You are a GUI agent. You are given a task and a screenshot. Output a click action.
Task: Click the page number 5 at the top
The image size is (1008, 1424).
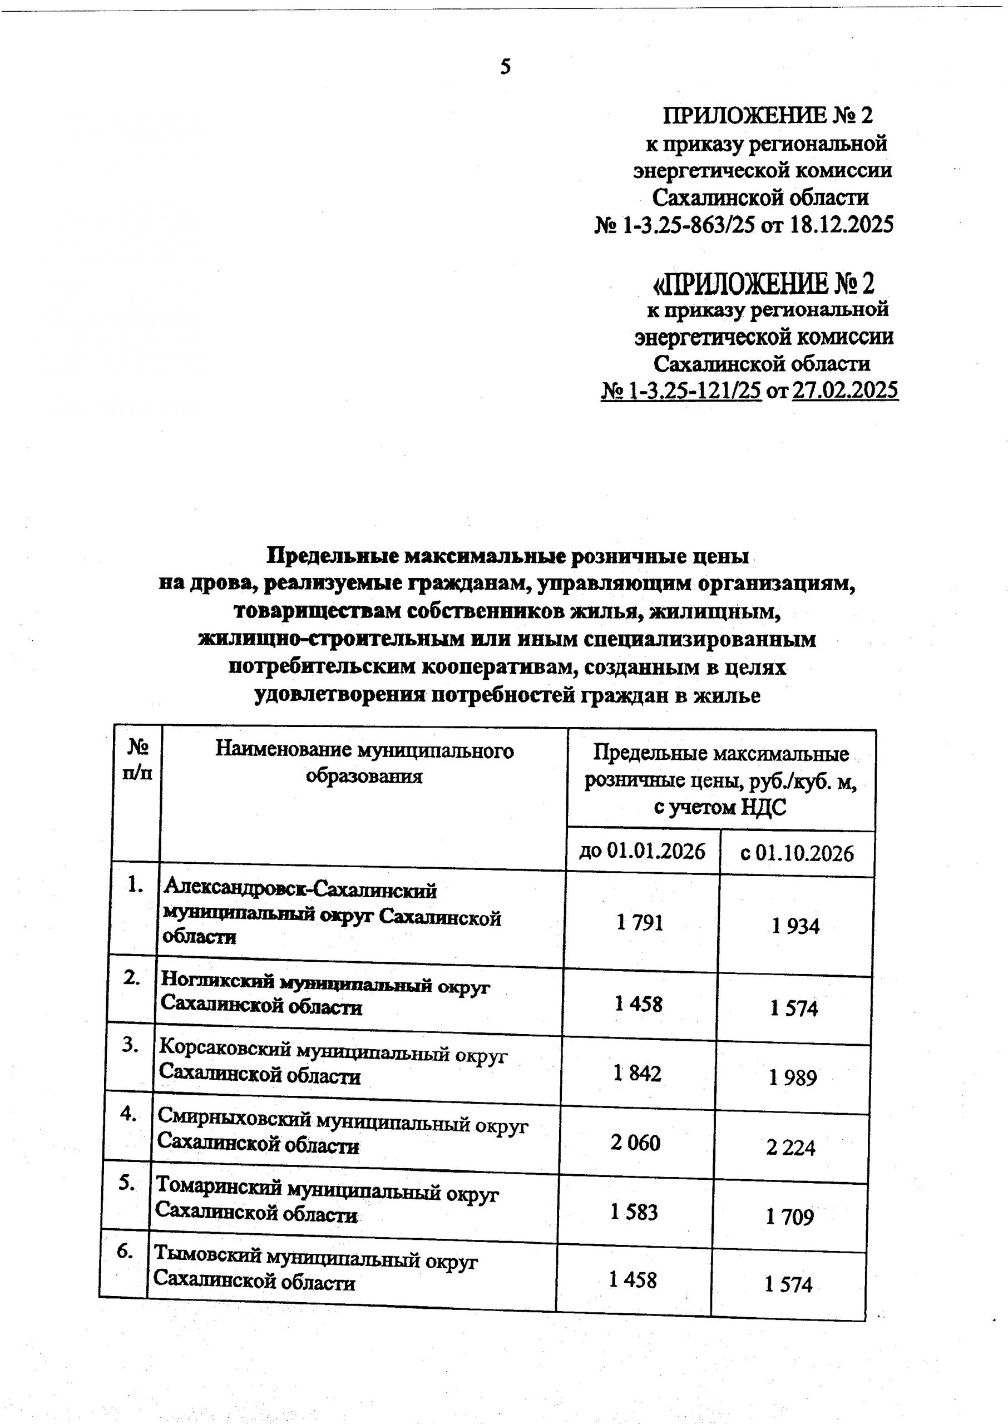tap(505, 66)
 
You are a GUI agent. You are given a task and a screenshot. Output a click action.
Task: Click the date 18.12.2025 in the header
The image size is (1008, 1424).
tap(841, 225)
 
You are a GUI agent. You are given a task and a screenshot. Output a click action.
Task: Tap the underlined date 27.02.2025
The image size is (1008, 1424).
tap(845, 390)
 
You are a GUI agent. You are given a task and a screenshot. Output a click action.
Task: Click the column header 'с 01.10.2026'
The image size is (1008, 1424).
tap(797, 854)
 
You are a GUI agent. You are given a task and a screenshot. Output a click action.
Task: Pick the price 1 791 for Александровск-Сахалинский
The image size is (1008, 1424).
tap(640, 923)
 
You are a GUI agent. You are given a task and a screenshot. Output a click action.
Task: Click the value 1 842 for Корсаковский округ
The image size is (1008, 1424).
tap(638, 1073)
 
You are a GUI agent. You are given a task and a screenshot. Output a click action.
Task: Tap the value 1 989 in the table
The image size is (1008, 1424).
tap(793, 1078)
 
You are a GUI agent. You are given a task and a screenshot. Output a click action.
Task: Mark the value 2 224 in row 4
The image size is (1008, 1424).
tap(790, 1148)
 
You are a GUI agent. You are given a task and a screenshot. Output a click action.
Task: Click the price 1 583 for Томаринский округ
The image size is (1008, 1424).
tap(634, 1212)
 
